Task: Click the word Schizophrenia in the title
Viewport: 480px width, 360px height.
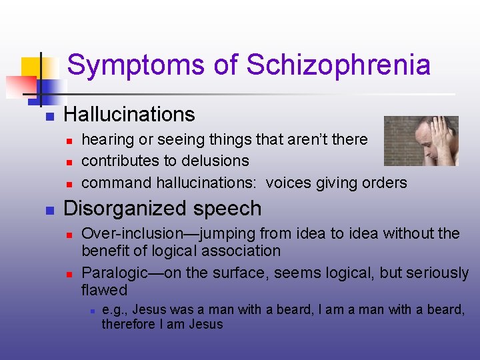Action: pos(338,65)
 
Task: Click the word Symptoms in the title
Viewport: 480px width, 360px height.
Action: pos(137,65)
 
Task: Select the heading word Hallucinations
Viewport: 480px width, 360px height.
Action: pos(129,115)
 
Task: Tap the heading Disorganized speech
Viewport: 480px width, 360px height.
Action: pos(162,209)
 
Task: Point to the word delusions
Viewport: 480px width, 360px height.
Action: pos(217,161)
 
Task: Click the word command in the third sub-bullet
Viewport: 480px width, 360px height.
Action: pos(116,183)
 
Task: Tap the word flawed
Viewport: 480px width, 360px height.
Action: pos(104,290)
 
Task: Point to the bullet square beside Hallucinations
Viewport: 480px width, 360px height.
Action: pos(49,116)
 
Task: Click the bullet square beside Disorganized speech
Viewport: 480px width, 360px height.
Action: pos(49,210)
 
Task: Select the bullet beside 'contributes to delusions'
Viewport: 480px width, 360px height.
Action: pos(69,162)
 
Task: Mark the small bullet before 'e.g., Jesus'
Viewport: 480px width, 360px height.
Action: pos(91,311)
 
